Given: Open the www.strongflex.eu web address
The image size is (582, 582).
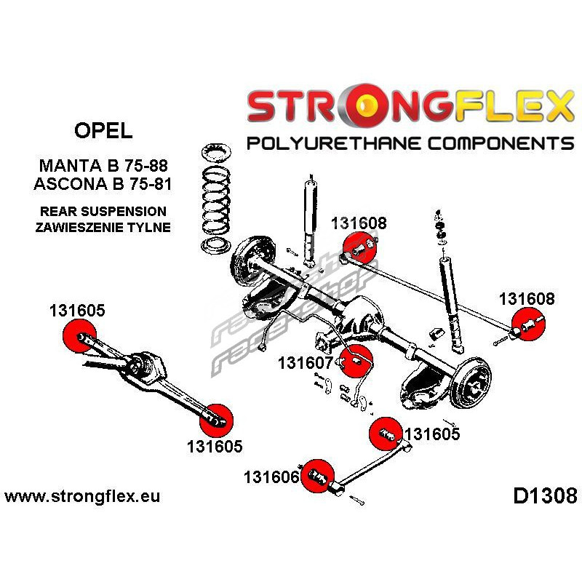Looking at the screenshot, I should coord(82,497).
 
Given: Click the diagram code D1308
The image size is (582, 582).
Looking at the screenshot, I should coord(545,496).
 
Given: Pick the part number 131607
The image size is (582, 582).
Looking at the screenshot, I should coord(305,362).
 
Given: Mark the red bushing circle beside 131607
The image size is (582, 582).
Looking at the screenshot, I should coord(358,358).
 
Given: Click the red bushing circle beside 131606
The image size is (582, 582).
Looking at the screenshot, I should coord(316,478).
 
